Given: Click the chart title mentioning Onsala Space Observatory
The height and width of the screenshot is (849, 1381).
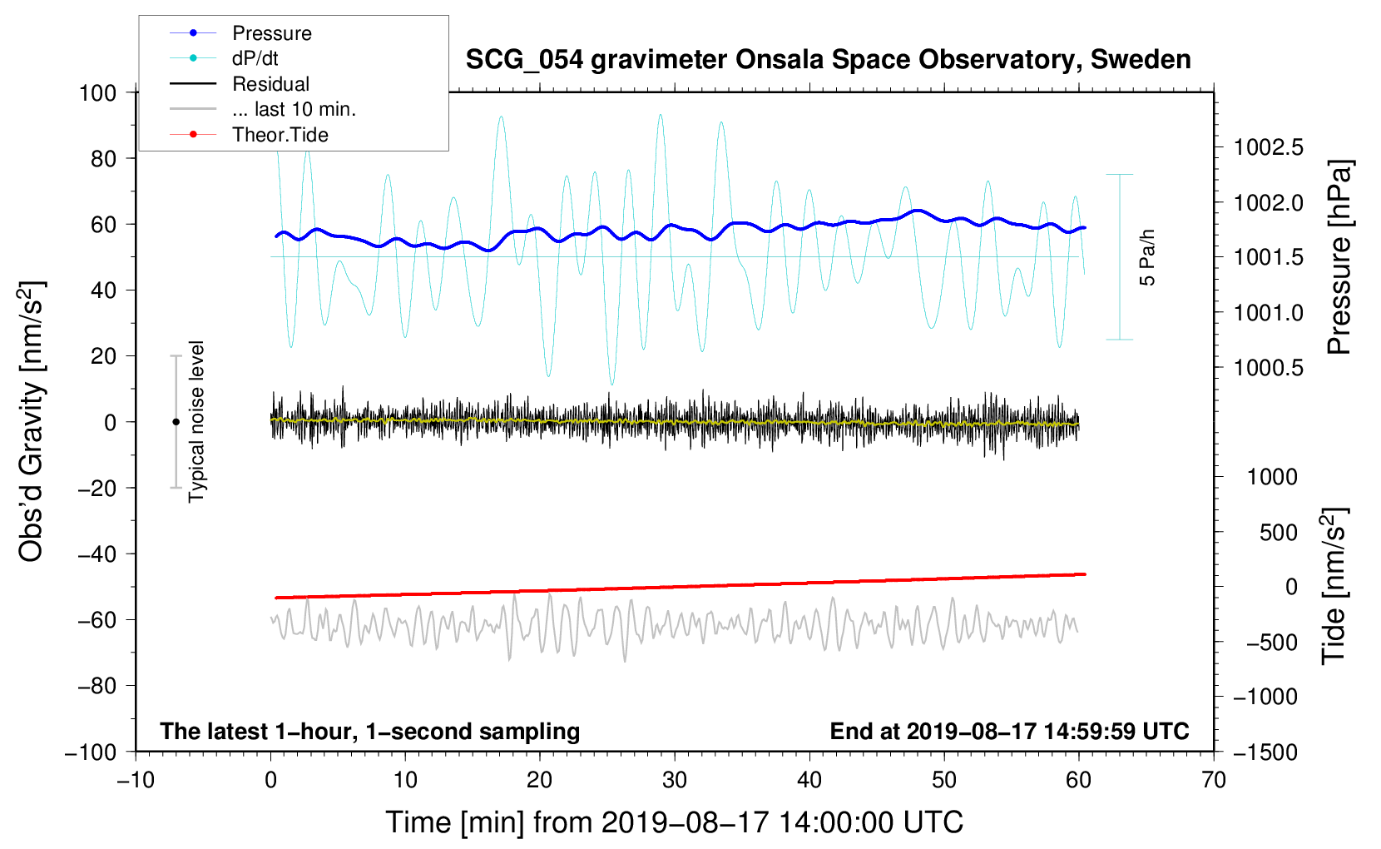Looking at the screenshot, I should point(828,60).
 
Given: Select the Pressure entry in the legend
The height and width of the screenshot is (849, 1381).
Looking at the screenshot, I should point(271,33).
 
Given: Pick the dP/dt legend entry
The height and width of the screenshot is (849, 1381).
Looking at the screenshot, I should point(255,58).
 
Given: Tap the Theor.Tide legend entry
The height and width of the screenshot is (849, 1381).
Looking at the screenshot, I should point(280,135).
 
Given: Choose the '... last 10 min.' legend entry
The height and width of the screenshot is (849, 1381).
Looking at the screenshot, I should point(294,109).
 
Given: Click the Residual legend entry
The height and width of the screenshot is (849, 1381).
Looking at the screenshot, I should point(270,84).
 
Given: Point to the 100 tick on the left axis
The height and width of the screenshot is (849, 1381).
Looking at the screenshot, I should point(97,92).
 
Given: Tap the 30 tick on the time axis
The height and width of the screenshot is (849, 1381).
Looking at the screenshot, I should point(675,781).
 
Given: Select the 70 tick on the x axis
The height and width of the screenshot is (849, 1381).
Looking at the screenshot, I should point(1214,781).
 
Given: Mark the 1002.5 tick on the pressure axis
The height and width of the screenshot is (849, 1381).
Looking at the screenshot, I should point(1269,148).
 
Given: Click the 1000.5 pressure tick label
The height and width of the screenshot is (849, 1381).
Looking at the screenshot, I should point(1269,368).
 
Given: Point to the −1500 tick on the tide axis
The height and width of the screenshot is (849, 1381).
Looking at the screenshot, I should point(1265,752).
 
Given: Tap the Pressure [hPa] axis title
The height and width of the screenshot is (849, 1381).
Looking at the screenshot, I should point(1339,257).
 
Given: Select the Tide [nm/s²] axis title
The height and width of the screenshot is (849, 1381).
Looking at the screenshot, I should point(1334,585).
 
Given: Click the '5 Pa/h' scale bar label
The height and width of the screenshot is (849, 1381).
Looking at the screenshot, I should point(1148,258).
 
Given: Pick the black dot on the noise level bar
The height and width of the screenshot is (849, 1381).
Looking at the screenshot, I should point(176,422).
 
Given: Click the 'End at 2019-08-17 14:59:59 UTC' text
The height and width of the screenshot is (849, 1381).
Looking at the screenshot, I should point(1009,732).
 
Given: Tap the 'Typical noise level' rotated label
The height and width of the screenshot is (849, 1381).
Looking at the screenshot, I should point(196,421).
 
